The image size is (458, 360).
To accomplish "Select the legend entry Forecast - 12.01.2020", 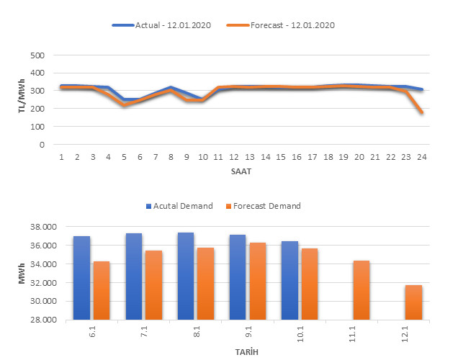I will point(282,25).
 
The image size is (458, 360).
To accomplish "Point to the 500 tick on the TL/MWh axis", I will point(37,55).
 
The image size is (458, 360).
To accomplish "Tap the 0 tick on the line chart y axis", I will point(42,145).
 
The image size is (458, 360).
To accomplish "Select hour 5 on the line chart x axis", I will point(124,157).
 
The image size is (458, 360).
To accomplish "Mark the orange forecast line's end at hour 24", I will point(422,113).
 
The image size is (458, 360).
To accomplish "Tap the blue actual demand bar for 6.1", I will point(81,277).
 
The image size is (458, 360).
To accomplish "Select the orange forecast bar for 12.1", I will point(413,302).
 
